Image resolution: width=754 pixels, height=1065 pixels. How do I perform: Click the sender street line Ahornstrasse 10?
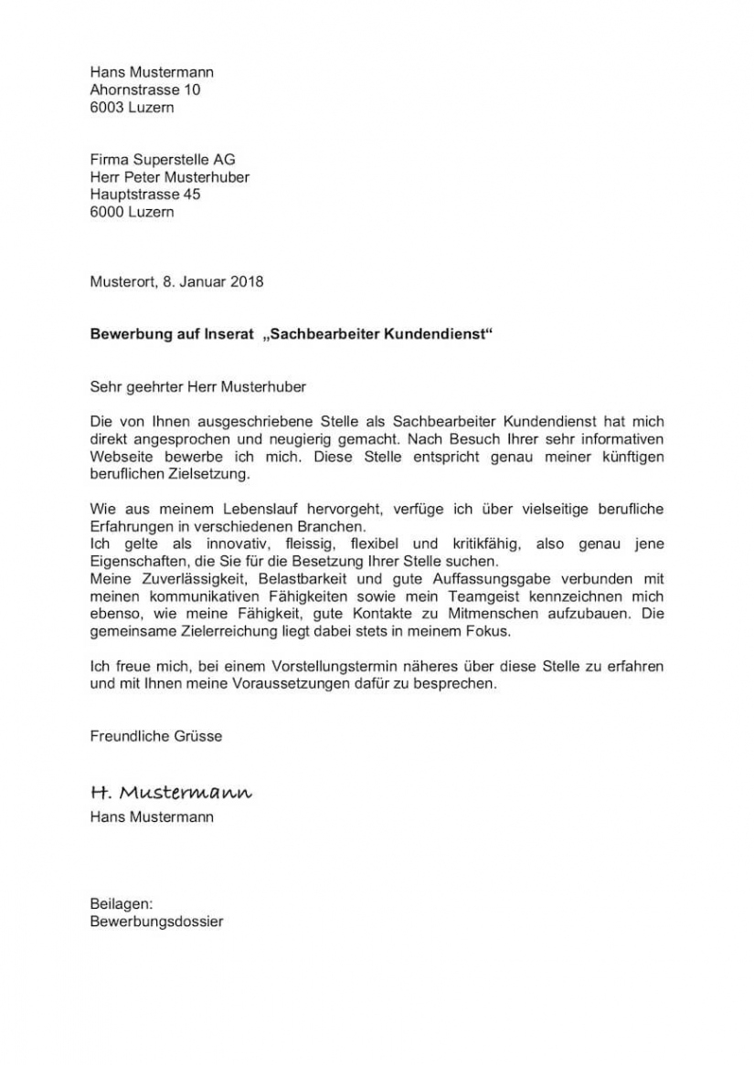coord(145,90)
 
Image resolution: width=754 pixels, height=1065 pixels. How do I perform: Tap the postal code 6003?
coord(108,107)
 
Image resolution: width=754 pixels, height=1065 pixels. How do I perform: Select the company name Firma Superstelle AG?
coord(163,160)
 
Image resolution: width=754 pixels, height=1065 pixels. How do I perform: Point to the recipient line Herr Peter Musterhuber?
coord(169,177)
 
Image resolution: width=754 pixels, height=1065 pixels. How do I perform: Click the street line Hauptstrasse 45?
coord(145,195)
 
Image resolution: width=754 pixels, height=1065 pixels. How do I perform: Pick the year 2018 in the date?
coord(247,281)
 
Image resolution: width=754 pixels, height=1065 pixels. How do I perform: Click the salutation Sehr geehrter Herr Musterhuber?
coord(198,386)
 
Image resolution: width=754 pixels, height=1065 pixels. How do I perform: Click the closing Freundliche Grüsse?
coord(155,735)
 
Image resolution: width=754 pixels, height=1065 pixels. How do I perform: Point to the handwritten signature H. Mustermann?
coord(171,791)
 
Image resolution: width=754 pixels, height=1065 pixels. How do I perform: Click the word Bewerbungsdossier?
coord(156,922)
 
